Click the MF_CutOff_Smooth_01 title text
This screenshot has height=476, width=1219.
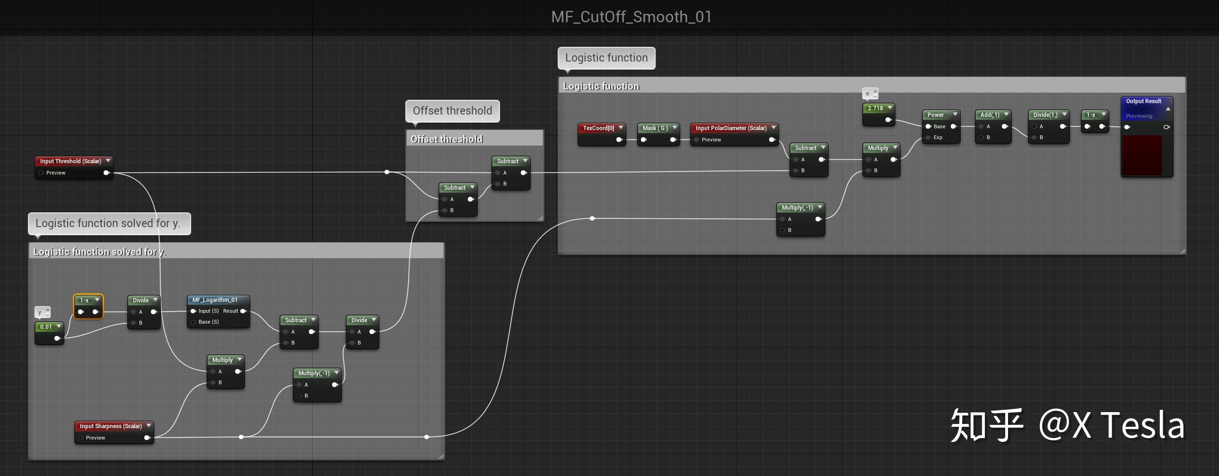(631, 17)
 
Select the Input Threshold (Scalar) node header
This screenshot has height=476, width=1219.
(70, 161)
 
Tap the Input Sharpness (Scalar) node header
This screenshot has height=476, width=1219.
(111, 426)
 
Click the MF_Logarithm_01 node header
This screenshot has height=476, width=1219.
(215, 300)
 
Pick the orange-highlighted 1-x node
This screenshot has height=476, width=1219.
(88, 306)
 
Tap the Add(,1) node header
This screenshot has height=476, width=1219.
(990, 115)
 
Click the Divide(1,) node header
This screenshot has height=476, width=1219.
(1045, 115)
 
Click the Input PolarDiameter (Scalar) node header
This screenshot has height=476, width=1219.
(731, 128)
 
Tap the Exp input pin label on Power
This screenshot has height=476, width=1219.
(938, 137)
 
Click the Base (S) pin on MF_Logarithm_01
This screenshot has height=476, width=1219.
(208, 322)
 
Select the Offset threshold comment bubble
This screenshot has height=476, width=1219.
(452, 111)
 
